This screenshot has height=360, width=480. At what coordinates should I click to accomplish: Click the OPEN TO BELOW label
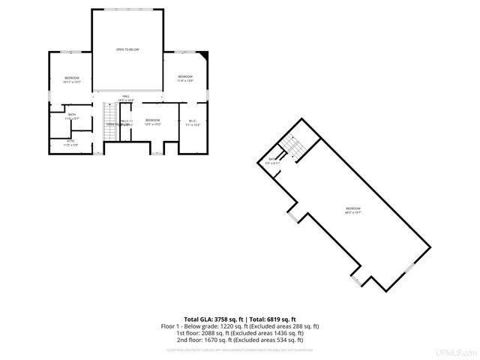127,50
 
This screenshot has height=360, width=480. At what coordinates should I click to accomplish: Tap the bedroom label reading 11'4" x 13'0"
185,78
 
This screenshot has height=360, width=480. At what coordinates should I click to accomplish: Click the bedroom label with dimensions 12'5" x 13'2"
153,121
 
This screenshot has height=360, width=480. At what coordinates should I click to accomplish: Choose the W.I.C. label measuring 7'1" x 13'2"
192,122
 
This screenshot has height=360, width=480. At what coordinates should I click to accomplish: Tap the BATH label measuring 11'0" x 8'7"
71,116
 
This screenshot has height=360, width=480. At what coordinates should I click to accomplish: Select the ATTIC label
70,142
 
